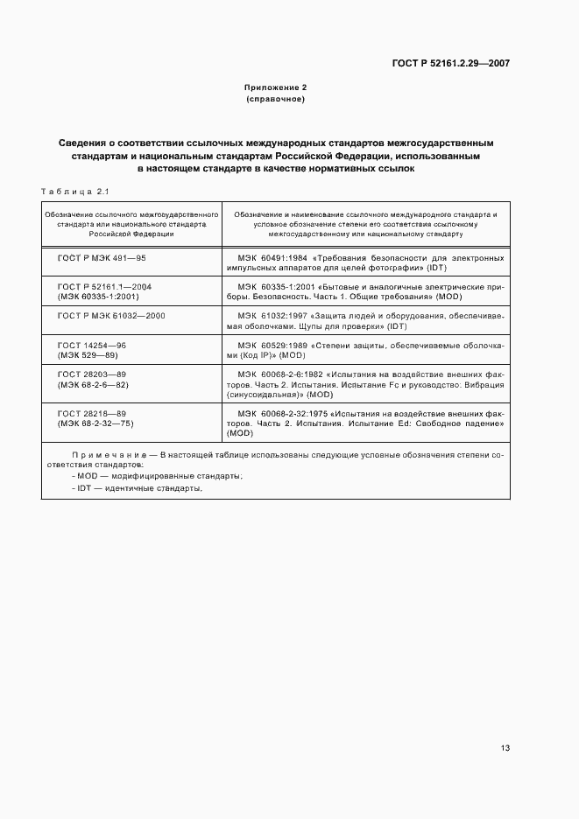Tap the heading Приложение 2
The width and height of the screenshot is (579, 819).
(x=275, y=87)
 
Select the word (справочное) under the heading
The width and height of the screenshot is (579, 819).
(x=275, y=99)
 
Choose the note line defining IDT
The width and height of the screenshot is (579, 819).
(x=139, y=488)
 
